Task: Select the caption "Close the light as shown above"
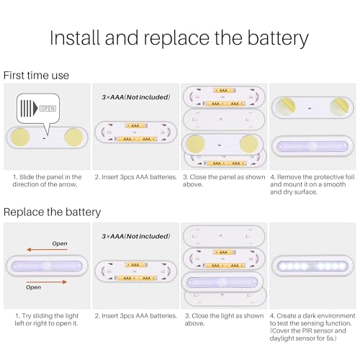point(222,319)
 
